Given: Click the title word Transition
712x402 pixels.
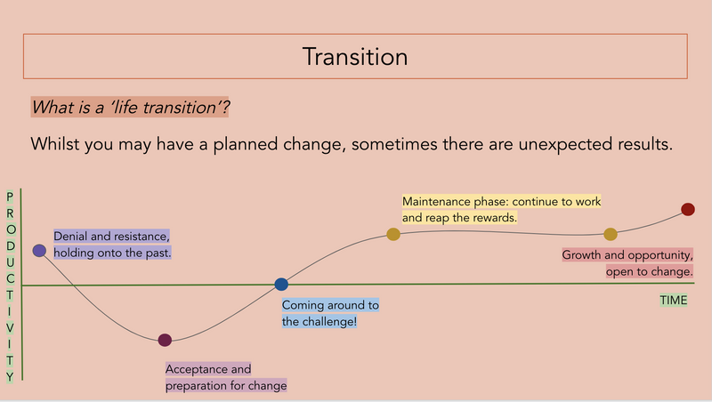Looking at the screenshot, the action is tap(355, 57).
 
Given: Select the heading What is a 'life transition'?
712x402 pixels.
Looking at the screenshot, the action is tap(130, 108).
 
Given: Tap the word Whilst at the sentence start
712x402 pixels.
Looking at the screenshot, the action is tap(55, 144).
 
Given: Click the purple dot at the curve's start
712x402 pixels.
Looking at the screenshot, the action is tap(39, 251).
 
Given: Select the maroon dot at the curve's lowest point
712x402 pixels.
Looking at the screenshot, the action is tap(165, 340).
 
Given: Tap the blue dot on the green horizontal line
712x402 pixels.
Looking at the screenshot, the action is tap(281, 285).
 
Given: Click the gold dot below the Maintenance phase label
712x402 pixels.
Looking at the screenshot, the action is tap(393, 234).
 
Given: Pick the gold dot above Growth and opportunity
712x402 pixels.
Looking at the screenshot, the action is tap(611, 234).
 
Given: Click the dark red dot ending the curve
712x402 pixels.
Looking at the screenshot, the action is tap(688, 209).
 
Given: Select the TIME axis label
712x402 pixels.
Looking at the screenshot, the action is tap(674, 301).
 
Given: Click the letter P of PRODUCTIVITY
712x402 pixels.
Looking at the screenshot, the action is tap(10, 197).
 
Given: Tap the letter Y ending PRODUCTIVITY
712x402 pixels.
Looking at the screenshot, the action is tap(10, 376).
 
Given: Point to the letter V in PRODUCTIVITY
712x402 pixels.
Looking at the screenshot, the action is tap(10, 327).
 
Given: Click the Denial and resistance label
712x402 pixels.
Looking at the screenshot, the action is tap(112, 245).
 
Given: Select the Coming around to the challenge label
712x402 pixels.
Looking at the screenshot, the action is tap(330, 313).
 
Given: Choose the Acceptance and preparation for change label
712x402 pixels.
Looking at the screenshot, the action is tap(226, 377).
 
